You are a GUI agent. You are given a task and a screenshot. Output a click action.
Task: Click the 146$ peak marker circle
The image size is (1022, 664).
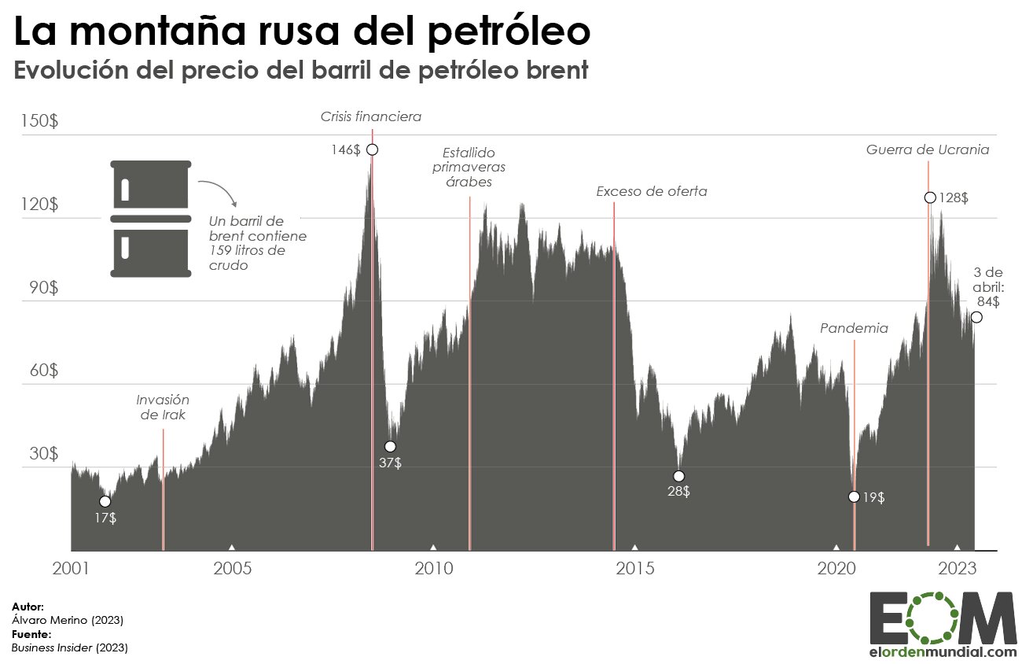pos(373,149)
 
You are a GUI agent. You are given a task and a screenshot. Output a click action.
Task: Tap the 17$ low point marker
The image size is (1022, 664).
pos(105,502)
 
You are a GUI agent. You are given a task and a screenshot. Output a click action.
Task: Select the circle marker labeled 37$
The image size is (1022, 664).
pos(390,447)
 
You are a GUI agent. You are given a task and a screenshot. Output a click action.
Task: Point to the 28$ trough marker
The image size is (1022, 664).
pos(679,476)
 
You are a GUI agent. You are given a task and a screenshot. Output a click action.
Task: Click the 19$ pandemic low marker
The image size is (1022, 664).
pos(854,496)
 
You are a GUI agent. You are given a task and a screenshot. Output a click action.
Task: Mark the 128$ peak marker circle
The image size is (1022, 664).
pos(930,197)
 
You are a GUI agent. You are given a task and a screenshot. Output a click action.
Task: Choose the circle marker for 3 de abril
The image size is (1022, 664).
pos(976,317)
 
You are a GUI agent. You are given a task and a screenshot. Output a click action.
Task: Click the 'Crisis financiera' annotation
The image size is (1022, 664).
pos(370,117)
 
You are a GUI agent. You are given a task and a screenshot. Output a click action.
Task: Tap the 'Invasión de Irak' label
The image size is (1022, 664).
pos(163,407)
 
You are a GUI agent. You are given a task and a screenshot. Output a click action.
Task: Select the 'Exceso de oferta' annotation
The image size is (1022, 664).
pos(651,191)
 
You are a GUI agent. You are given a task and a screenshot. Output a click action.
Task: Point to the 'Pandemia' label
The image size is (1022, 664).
pos(854,328)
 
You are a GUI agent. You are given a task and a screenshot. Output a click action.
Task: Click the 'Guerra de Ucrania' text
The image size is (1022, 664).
pos(928,149)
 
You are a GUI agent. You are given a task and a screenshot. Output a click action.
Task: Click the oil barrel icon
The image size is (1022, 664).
pos(151,218)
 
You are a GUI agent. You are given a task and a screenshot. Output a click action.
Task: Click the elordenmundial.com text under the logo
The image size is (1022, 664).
pos(943,652)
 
